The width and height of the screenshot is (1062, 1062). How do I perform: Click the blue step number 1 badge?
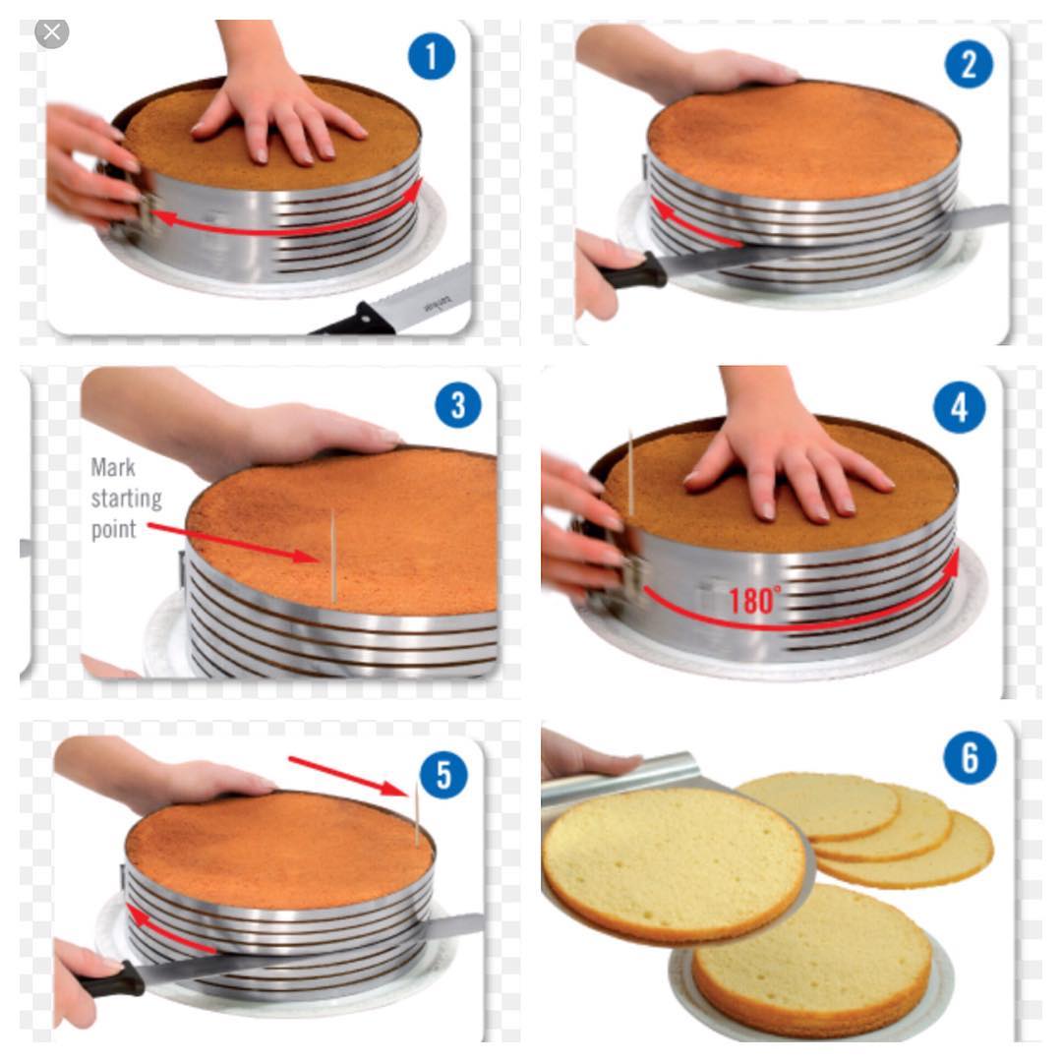point(432,55)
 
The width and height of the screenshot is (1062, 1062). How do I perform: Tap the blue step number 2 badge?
point(969,64)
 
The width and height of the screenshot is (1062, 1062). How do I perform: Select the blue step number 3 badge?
point(458,405)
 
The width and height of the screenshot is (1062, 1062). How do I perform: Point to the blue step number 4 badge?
point(959,408)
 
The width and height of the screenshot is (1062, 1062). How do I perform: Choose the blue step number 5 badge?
point(443,774)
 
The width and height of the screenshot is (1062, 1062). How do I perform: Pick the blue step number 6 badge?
point(970,758)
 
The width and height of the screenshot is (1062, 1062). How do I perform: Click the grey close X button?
point(51,31)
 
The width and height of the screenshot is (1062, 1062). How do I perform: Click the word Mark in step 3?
point(113,467)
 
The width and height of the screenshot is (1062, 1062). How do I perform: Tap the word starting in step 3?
point(127,499)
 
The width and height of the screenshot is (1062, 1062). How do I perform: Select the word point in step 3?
point(114,529)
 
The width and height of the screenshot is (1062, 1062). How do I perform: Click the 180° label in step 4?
point(754,601)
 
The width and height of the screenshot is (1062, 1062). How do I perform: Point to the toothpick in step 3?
point(333,556)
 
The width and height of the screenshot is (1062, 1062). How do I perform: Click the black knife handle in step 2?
point(633,271)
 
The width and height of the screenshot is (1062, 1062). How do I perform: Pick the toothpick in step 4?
point(631,472)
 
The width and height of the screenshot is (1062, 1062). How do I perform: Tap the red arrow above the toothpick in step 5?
point(348,776)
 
